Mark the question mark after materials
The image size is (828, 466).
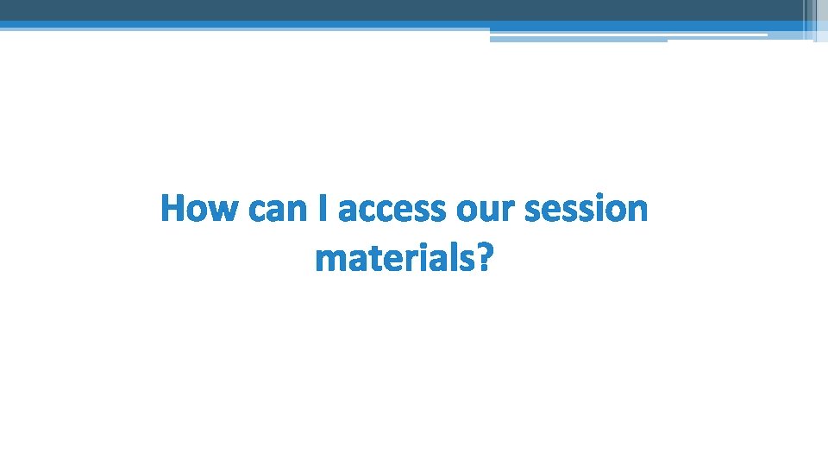pyautogui.click(x=487, y=258)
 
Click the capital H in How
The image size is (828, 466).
pyautogui.click(x=173, y=210)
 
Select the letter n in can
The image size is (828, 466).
pyautogui.click(x=298, y=211)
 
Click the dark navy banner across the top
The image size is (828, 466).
pyautogui.click(x=397, y=10)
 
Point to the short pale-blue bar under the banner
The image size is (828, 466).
pyautogui.click(x=578, y=39)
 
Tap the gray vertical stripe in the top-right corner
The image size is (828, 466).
pyautogui.click(x=809, y=17)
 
